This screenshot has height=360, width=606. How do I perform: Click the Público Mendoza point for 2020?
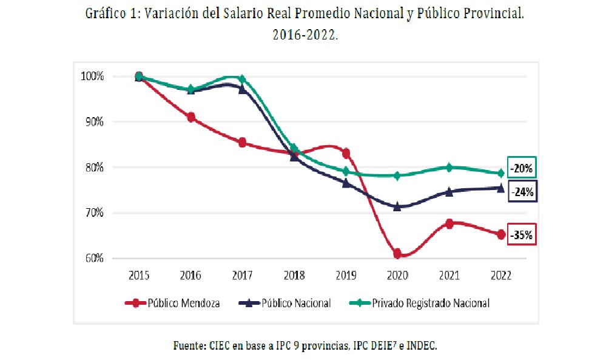pyautogui.click(x=397, y=253)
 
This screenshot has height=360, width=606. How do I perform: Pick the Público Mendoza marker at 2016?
pyautogui.click(x=191, y=117)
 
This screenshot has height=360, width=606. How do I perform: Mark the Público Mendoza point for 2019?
pyautogui.click(x=346, y=153)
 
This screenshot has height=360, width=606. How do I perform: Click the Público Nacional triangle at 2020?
pyautogui.click(x=397, y=206)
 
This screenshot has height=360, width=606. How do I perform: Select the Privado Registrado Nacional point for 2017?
pyautogui.click(x=243, y=80)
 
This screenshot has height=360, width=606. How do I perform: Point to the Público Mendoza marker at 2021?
pyautogui.click(x=449, y=223)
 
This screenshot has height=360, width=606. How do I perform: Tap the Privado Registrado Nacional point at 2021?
pyautogui.click(x=449, y=168)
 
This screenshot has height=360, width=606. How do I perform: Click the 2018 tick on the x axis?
pyautogui.click(x=294, y=275)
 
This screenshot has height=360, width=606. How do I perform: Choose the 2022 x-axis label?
pyautogui.click(x=501, y=275)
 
